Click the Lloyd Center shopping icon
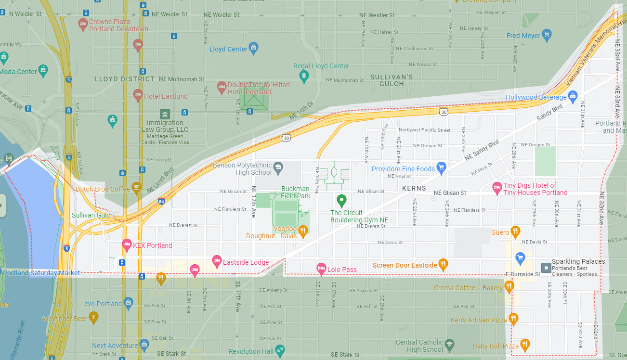coord(254,48)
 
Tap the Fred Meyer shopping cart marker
coord(546,35)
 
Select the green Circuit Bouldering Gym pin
coord(341,199)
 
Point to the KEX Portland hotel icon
coord(127,244)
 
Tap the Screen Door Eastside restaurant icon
coord(443,264)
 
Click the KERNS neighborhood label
coord(414,188)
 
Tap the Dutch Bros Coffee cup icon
coord(136,188)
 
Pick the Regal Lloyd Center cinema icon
coord(304,75)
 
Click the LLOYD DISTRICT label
coord(125,79)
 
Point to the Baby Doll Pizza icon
coord(525,345)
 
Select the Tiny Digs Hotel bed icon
coord(497,188)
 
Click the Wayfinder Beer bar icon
coord(93,318)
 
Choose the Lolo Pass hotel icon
coord(321,269)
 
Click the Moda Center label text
coord(18,72)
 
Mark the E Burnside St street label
coord(522,274)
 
